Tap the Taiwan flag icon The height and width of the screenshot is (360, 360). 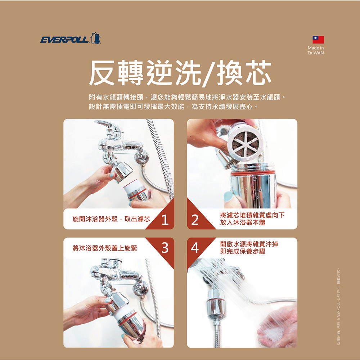click(x=318, y=40)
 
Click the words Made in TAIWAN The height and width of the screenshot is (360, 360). click(x=316, y=50)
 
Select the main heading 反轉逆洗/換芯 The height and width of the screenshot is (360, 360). click(x=180, y=73)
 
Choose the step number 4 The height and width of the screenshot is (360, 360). click(x=195, y=247)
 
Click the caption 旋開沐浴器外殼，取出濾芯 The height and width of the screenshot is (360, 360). click(x=111, y=219)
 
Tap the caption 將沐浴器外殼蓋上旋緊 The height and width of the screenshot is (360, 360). click(x=102, y=248)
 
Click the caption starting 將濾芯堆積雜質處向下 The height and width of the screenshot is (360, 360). click(x=252, y=219)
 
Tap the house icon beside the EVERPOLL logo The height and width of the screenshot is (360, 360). click(x=96, y=38)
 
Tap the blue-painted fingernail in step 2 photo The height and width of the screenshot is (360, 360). click(x=228, y=197)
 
